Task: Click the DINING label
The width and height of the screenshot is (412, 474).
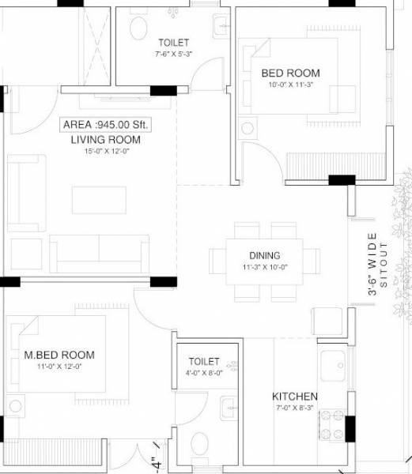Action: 264,255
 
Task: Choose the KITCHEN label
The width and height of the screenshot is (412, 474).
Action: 295,396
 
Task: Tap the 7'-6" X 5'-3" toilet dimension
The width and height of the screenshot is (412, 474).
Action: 172,55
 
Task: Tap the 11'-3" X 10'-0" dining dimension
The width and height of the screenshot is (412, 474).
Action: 264,267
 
